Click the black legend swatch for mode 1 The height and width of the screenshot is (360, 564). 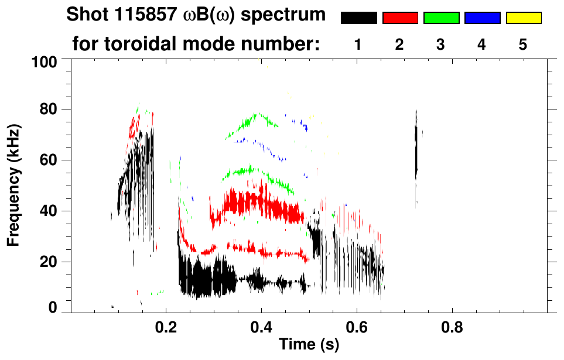tap(359, 18)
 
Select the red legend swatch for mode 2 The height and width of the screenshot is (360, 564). tap(400, 18)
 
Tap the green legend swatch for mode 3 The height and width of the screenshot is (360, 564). tap(441, 18)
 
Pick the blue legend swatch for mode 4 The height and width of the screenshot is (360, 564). tap(482, 18)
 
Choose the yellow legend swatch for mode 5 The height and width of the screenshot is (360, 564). tap(524, 18)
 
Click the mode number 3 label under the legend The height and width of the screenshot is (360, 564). tap(441, 44)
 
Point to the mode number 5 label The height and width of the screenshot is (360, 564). tap(524, 44)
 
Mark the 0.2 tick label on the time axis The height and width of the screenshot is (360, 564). tap(166, 327)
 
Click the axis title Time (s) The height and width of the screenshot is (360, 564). tap(308, 345)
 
